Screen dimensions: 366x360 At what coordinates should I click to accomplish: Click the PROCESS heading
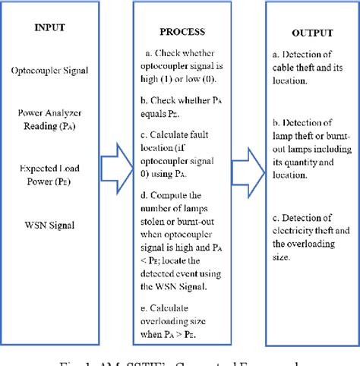pyautogui.click(x=183, y=33)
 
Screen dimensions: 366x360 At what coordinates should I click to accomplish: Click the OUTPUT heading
pyautogui.click(x=311, y=35)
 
